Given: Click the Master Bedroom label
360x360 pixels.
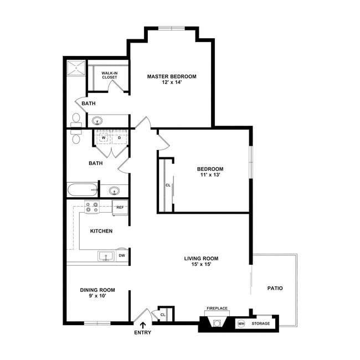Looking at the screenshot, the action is (x=172, y=76).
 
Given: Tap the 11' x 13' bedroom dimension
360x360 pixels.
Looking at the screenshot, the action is (x=210, y=174).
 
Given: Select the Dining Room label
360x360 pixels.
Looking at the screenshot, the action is (x=97, y=290).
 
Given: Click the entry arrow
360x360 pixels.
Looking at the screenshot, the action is (x=143, y=325).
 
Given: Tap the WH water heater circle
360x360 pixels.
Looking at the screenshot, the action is (x=241, y=324).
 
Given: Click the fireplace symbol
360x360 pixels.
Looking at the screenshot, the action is (x=217, y=321).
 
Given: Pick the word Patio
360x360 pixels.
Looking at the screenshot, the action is (x=275, y=288).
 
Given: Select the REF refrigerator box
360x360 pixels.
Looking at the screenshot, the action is (x=120, y=208).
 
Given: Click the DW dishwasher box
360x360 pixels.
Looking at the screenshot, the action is (x=122, y=255).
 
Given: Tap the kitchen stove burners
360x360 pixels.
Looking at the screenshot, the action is (x=91, y=207).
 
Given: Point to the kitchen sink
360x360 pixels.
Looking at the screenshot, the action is (x=106, y=256).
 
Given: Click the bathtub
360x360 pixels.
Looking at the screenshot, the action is (x=82, y=189).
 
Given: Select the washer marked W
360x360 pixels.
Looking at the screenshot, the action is (x=104, y=137).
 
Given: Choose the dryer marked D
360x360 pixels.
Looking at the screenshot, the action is (x=120, y=137).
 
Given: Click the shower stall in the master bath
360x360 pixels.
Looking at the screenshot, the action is (x=76, y=68).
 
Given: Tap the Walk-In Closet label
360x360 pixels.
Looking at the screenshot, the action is (x=110, y=75).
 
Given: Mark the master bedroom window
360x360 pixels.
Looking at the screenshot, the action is (x=172, y=28).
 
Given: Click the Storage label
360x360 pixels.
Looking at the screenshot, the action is (x=261, y=323).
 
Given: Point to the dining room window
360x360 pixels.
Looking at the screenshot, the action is (x=97, y=323).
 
